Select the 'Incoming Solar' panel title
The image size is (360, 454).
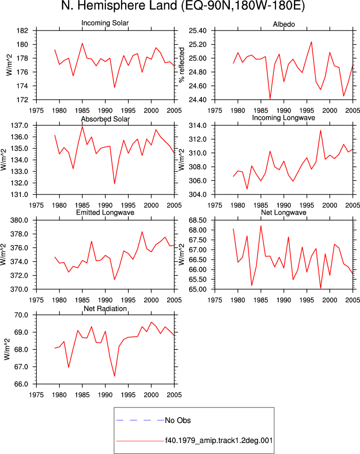[x=105, y=23]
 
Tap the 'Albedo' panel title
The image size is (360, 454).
[x=283, y=25]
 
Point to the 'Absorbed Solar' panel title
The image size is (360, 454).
[x=105, y=119]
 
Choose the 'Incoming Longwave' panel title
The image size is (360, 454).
[x=283, y=118]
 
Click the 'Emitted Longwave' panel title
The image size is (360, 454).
[x=105, y=212]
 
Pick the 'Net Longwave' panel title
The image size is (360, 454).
[x=283, y=212]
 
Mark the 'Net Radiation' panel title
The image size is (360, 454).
[x=105, y=309]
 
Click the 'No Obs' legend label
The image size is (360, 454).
[x=178, y=420]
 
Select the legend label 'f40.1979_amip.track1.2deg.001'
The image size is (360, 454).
[x=219, y=440]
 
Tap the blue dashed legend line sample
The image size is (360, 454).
[x=140, y=420]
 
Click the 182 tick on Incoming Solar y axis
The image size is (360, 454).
[x=23, y=31]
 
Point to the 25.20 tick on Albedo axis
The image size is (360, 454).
[x=198, y=45]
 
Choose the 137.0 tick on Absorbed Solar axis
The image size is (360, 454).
[x=20, y=126]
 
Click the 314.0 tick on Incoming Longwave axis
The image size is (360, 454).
[x=198, y=126]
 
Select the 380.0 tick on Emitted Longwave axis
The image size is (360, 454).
[x=20, y=220]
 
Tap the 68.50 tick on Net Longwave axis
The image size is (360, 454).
[x=198, y=220]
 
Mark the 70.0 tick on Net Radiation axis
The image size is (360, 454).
[x=21, y=315]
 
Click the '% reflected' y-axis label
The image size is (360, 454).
[x=181, y=65]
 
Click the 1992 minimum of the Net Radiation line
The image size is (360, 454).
[x=115, y=376]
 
